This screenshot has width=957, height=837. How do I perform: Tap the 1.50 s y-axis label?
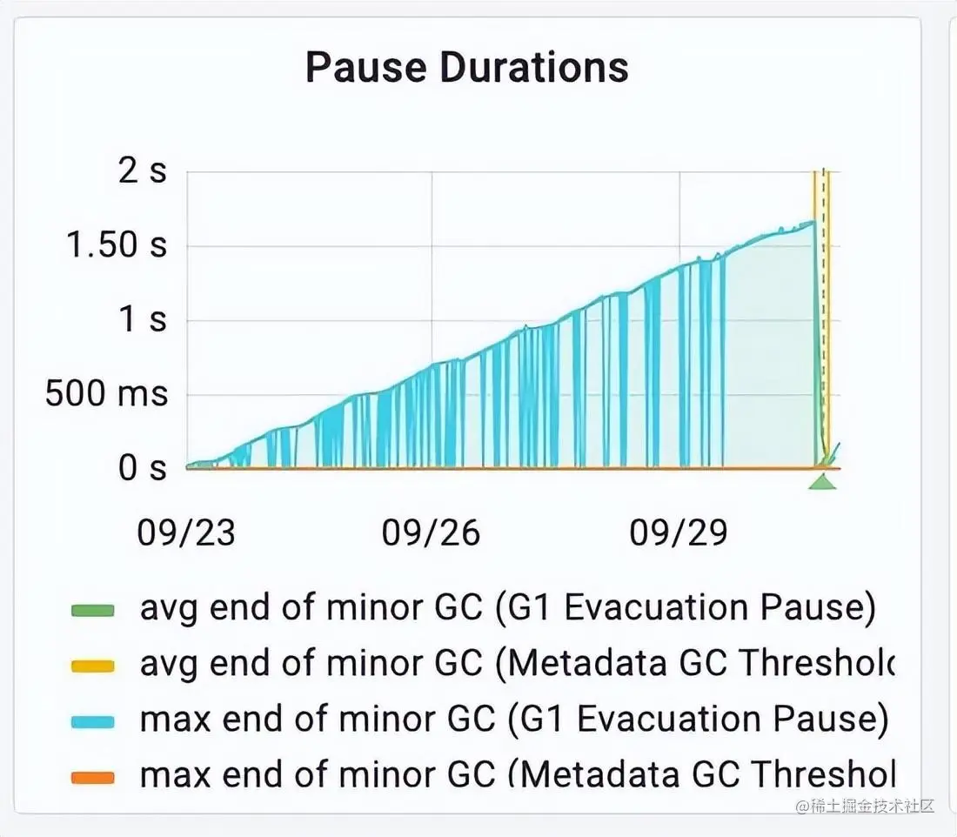[x=117, y=246]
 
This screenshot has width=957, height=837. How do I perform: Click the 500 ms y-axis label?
[x=106, y=395]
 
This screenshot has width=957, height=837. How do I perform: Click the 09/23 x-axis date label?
[x=186, y=532]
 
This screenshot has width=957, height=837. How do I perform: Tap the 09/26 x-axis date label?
[x=432, y=532]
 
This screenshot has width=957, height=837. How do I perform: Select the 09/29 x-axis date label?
[x=679, y=532]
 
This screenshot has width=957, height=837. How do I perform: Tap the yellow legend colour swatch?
[x=93, y=666]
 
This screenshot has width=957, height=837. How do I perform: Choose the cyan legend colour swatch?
[x=93, y=721]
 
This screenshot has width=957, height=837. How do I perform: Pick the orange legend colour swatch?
[x=93, y=776]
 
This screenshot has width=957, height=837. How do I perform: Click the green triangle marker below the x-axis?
[x=822, y=481]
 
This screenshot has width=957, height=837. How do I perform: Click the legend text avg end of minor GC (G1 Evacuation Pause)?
[x=507, y=609]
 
